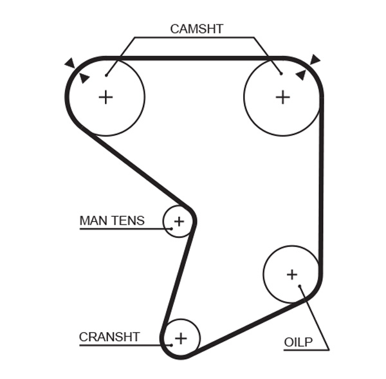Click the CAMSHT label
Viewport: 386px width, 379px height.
tap(197, 29)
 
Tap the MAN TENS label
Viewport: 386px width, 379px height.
tap(112, 221)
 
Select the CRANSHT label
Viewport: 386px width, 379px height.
tap(109, 337)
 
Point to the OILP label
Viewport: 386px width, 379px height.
tap(299, 342)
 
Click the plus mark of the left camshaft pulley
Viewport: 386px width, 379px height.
tap(106, 97)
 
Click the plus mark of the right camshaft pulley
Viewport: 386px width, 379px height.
tap(282, 97)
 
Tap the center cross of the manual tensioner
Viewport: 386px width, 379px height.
tap(179, 221)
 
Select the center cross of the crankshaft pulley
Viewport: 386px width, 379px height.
tap(181, 338)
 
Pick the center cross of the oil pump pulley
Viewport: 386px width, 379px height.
tap(292, 275)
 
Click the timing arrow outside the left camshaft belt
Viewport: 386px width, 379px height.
tap(70, 63)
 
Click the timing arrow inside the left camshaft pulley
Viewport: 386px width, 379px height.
tap(84, 78)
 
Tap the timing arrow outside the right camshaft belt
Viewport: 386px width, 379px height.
tap(315, 60)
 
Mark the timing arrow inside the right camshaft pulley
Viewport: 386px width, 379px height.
tap(300, 75)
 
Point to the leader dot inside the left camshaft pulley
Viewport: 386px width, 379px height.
tap(106, 75)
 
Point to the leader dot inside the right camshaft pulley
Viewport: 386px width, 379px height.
tap(281, 73)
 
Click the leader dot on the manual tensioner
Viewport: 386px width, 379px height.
tap(172, 228)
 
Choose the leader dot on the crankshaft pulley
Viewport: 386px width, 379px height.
tap(171, 345)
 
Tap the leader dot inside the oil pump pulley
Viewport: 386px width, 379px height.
tap(300, 286)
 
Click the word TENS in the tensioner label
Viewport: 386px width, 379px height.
tap(129, 221)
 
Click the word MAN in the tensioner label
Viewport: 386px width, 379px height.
tap(94, 221)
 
